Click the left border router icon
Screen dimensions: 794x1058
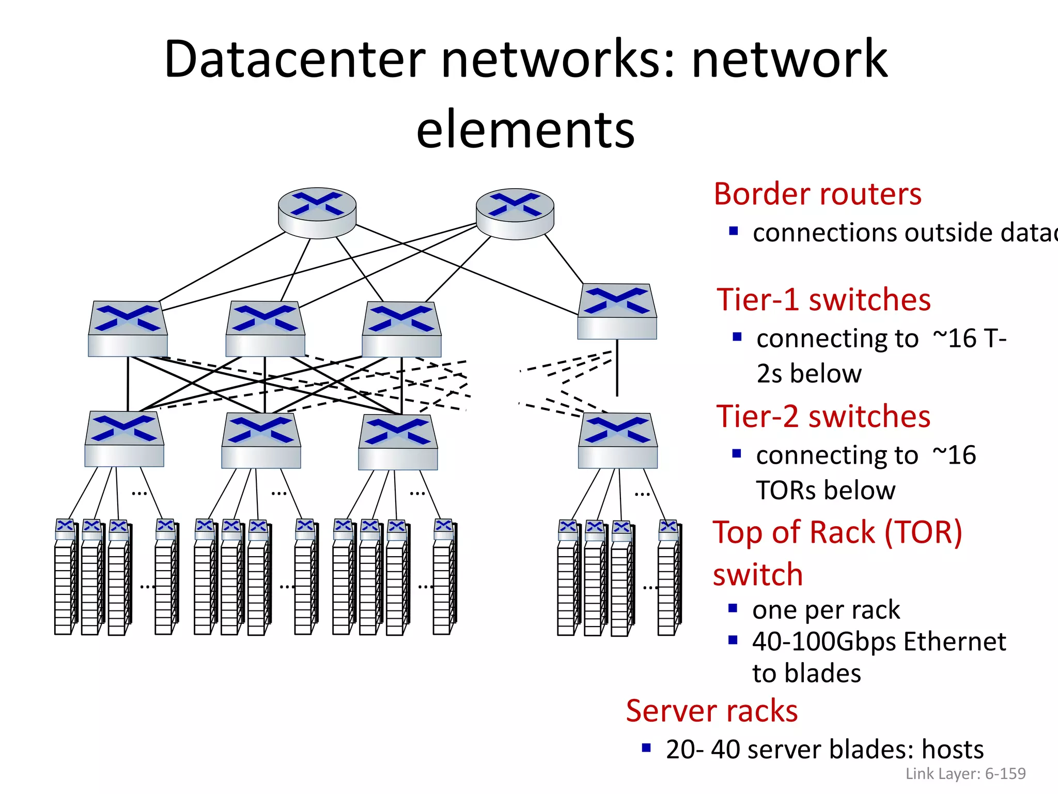coord(317,212)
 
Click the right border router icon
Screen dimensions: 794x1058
coord(515,213)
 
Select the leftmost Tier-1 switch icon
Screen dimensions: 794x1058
coord(128,329)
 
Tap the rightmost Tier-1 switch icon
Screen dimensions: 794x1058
coord(617,311)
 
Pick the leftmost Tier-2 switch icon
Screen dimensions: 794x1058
coord(125,439)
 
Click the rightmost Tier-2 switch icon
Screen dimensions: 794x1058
coord(618,440)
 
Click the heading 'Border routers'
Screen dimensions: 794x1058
coord(817,194)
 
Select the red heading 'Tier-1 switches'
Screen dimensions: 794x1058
coord(823,300)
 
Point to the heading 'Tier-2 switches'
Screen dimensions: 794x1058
coord(823,417)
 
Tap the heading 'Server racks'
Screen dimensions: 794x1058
coord(712,711)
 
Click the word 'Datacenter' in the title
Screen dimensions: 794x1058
coord(294,59)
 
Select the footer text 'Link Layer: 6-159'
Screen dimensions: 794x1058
coord(965,774)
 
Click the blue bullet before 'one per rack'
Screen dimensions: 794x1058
coord(733,608)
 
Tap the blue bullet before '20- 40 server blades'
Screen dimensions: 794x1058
coord(646,747)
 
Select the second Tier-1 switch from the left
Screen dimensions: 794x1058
coord(265,329)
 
